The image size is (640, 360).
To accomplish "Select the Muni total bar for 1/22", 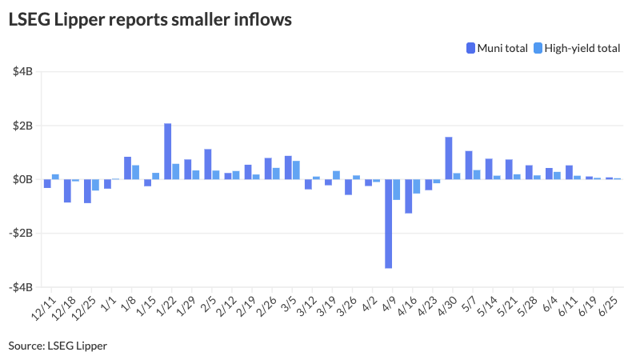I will pyautogui.click(x=168, y=151).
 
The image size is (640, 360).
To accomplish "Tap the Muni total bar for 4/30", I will pyautogui.click(x=448, y=158).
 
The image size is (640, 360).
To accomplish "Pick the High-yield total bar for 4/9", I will pyautogui.click(x=397, y=190).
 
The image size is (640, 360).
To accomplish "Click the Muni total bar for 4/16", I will pyautogui.click(x=408, y=196).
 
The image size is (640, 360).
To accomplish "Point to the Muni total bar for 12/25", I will pyautogui.click(x=87, y=191).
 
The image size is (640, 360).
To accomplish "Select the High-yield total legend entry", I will pyautogui.click(x=575, y=48).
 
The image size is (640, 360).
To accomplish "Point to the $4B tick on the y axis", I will pyautogui.click(x=22, y=72).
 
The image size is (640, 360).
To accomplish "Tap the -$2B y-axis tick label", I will pyautogui.click(x=21, y=234).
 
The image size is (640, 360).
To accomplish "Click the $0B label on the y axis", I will pyautogui.click(x=22, y=179).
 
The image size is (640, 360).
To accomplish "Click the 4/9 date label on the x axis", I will pyautogui.click(x=389, y=304).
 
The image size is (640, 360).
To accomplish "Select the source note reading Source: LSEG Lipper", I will pyautogui.click(x=58, y=346).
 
